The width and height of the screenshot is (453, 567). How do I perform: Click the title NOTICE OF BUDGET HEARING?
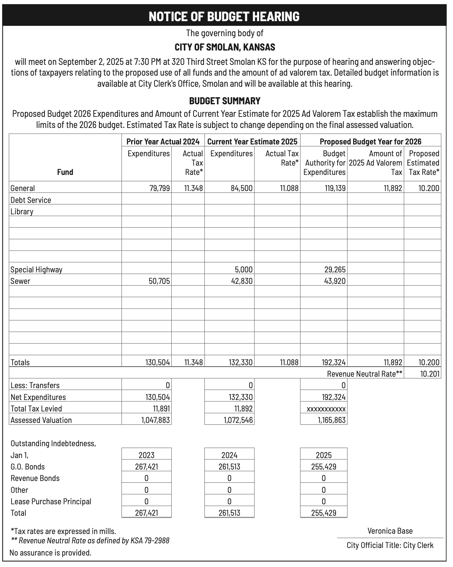pyautogui.click(x=224, y=16)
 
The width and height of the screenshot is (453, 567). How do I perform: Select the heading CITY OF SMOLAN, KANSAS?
pyautogui.click(x=225, y=47)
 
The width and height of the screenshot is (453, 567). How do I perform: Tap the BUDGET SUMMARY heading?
pyautogui.click(x=225, y=101)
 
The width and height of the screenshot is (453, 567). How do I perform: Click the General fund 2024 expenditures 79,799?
pyautogui.click(x=159, y=188)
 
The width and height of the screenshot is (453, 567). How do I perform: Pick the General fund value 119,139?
pyautogui.click(x=335, y=188)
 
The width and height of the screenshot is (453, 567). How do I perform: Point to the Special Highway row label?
pyautogui.click(x=36, y=270)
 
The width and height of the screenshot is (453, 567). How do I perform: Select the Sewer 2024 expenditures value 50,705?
pyautogui.click(x=159, y=281)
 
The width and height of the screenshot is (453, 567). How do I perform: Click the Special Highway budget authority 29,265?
pyautogui.click(x=335, y=270)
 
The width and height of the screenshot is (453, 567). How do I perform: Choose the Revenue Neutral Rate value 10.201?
pyautogui.click(x=429, y=374)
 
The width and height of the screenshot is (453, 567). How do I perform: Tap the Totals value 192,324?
pyautogui.click(x=334, y=362)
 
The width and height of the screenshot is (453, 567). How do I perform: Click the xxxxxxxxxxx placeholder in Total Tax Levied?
pyautogui.click(x=326, y=409)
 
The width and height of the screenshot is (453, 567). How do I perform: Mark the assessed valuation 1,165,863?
pyautogui.click(x=332, y=420)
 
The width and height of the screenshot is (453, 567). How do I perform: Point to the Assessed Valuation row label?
pyautogui.click(x=41, y=420)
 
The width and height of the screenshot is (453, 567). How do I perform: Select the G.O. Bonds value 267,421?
pyautogui.click(x=146, y=467)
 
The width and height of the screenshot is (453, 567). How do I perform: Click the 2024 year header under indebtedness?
pyautogui.click(x=229, y=455)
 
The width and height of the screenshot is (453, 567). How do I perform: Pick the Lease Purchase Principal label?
pyautogui.click(x=51, y=501)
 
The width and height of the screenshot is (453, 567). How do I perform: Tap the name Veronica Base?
pyautogui.click(x=390, y=531)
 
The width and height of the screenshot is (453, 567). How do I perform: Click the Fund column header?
pyautogui.click(x=65, y=172)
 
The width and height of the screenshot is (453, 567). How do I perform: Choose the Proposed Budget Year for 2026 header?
pyautogui.click(x=371, y=142)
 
